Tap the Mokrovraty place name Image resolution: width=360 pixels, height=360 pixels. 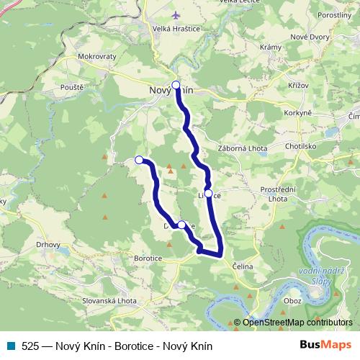(x=99, y=55)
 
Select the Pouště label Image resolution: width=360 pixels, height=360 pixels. (x=73, y=86)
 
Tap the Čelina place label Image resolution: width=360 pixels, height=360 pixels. (x=243, y=266)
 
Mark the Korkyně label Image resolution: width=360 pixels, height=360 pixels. (x=297, y=113)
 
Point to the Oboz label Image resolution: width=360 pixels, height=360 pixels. (x=293, y=300)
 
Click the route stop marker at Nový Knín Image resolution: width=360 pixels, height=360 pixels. (x=176, y=84)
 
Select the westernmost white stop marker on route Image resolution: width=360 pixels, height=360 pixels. (x=139, y=160)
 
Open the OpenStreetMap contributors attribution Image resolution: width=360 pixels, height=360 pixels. (x=297, y=322)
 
